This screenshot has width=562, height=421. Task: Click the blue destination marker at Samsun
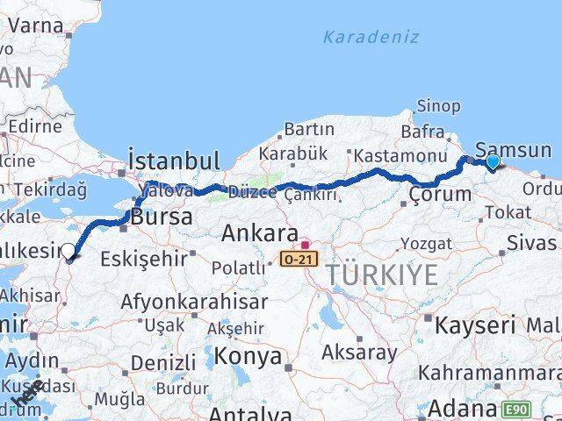(492, 161)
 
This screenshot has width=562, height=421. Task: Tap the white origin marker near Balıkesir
(68, 253)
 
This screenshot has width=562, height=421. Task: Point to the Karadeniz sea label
(371, 38)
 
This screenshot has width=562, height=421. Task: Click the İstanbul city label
(173, 161)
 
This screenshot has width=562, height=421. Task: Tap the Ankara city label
(259, 234)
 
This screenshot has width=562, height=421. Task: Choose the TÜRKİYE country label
(382, 275)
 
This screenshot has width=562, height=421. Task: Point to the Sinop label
(438, 106)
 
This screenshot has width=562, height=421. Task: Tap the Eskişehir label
(144, 259)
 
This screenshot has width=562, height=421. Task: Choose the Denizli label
(163, 362)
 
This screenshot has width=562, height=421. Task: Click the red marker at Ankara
(305, 246)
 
